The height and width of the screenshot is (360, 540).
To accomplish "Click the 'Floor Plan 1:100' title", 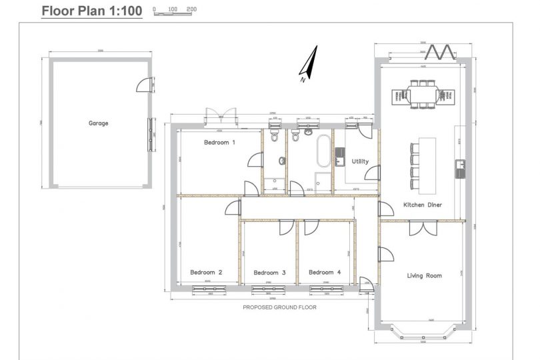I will tap(92, 11).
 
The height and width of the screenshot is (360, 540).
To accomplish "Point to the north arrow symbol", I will tap(307, 67).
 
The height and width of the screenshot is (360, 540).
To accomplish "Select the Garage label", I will tap(98, 123).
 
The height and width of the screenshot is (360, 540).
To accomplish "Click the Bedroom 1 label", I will tap(219, 143).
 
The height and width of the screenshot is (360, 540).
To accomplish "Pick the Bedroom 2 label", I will tap(206, 272).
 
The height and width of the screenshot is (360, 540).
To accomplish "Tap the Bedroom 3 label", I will tap(269, 272).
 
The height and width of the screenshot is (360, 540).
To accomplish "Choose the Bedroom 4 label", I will tap(325, 272).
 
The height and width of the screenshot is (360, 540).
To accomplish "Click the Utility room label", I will tap(360, 161).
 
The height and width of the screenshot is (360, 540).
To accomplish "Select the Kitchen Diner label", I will tap(423, 204).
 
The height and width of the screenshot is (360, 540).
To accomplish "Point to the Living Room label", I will tap(425, 275).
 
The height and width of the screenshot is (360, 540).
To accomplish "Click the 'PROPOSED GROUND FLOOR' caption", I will tap(279, 307).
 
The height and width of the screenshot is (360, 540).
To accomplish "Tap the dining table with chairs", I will tap(423, 94).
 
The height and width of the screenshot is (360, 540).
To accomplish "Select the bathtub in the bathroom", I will tap(323, 151).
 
